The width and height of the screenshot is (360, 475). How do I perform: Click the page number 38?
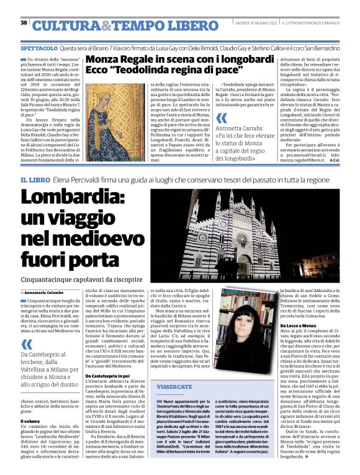(x=24, y=23)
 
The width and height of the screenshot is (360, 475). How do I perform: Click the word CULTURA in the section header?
(x=66, y=25)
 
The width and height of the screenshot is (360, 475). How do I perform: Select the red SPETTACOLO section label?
(x=39, y=47)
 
